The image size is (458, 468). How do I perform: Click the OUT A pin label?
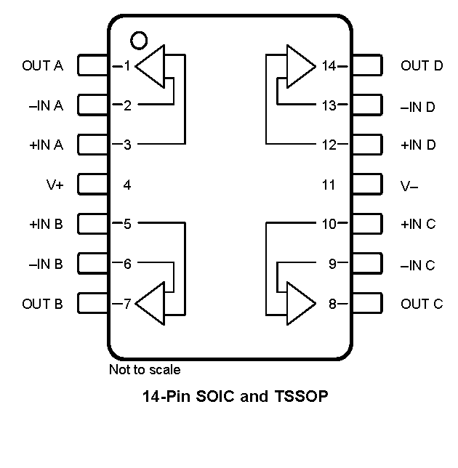click(43, 66)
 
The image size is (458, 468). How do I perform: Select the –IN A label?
click(46, 106)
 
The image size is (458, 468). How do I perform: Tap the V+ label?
click(55, 185)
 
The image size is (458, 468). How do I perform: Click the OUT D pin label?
click(422, 66)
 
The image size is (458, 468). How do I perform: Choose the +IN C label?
click(418, 225)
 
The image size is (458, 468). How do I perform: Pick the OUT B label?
click(43, 304)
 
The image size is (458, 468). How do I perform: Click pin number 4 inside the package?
click(127, 185)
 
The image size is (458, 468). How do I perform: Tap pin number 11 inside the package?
click(329, 185)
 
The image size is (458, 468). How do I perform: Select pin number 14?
click(329, 66)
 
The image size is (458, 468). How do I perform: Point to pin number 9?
click(332, 265)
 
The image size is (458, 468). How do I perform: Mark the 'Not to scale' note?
click(145, 370)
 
